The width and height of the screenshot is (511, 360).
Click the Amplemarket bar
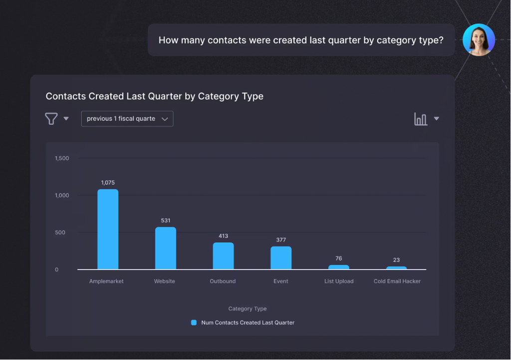[x=108, y=229]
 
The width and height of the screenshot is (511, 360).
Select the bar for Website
[x=165, y=248]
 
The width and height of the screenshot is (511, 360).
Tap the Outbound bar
[x=223, y=256]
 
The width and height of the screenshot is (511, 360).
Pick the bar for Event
[x=281, y=258]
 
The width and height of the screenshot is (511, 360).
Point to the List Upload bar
[x=339, y=267]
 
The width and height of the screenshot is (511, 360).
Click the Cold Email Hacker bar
[x=397, y=268]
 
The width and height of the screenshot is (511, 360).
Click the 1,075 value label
[x=108, y=183]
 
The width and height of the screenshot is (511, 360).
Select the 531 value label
[x=166, y=220]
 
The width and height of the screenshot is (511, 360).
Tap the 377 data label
[x=281, y=240]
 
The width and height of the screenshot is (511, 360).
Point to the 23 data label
[x=396, y=260]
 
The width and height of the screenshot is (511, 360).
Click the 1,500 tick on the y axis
[x=62, y=158]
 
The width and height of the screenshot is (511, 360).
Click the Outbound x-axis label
[x=223, y=281]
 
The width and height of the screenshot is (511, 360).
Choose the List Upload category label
[x=339, y=281]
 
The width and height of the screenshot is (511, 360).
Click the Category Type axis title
[x=247, y=309]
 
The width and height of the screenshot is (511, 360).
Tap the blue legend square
[x=194, y=323]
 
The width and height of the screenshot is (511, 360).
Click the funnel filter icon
[x=51, y=119]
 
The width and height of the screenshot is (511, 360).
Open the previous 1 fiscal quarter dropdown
[x=127, y=119]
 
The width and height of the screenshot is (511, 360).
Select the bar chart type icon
[x=421, y=119]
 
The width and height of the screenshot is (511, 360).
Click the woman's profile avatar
[x=479, y=40]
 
